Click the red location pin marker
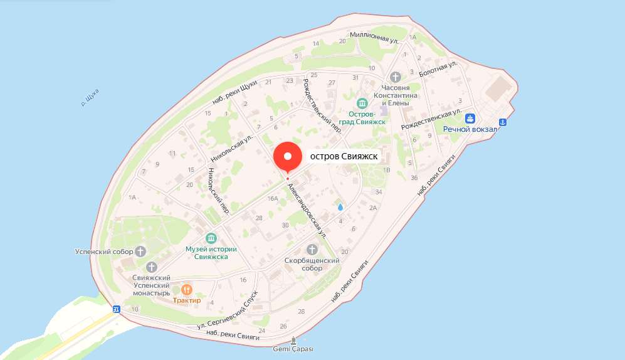click(x=288, y=157)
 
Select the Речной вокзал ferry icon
click(x=470, y=118)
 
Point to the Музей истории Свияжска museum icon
click(x=211, y=238)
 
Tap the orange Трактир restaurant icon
click(x=187, y=290)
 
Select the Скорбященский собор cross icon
click(x=312, y=250)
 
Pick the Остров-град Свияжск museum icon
click(x=362, y=103)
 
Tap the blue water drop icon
click(x=340, y=206)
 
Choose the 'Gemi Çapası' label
click(x=293, y=349)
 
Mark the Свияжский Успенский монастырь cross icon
click(x=150, y=267)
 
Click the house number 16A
click(x=272, y=198)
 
